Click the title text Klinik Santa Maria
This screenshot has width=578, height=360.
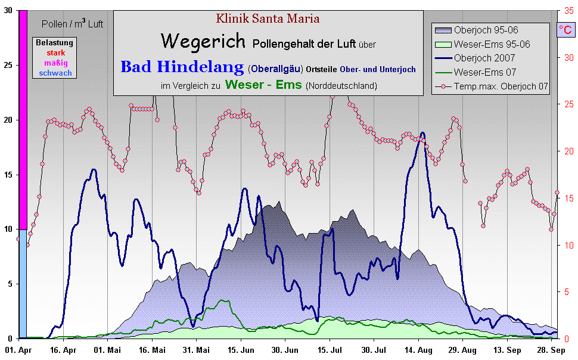point(268,18)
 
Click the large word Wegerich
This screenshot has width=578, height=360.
point(203,41)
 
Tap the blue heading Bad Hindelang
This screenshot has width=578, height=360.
point(182,67)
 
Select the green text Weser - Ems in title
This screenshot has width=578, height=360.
point(263,85)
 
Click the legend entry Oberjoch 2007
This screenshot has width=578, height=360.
point(484,58)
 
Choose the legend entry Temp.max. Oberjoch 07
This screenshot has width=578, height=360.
point(501,86)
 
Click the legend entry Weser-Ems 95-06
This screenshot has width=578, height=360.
point(492,44)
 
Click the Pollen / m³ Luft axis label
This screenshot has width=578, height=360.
point(73,24)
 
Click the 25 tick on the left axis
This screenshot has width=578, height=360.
point(8,65)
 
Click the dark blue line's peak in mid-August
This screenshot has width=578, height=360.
point(422,133)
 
